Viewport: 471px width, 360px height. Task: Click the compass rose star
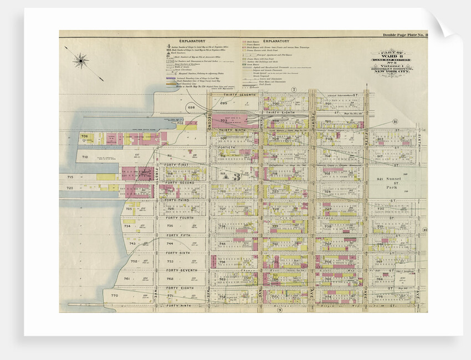point(81,60)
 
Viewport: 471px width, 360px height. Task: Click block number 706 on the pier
point(84,136)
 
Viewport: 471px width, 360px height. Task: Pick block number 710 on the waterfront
point(85,157)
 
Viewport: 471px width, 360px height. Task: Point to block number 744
point(170,244)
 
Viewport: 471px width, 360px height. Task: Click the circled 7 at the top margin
point(295,90)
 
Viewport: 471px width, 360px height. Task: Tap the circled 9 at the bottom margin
point(280,310)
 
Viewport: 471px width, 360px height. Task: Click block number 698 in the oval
point(191,106)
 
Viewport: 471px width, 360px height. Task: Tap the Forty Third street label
point(178,200)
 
